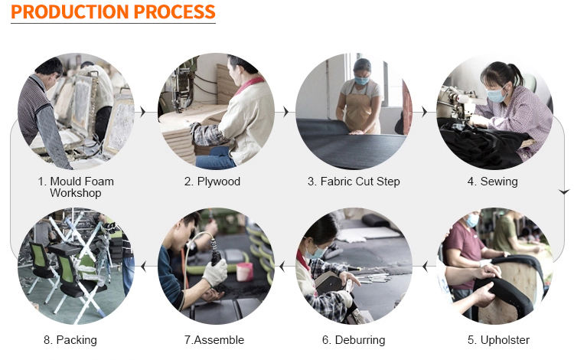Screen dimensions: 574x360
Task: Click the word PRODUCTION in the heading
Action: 70,11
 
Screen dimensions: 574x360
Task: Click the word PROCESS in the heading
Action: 174,11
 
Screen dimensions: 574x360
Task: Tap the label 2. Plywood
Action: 212,182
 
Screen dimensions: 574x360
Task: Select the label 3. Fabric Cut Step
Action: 354,182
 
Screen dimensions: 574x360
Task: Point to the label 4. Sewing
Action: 492,182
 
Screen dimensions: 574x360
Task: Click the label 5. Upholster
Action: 498,340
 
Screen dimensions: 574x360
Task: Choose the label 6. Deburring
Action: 354,340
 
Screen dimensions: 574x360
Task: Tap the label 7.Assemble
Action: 214,340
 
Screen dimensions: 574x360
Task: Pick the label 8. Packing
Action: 70,340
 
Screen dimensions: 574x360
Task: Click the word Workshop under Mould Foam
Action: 76,193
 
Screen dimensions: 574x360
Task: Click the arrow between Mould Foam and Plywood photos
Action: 143,112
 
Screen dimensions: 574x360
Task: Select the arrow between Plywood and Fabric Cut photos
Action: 286,112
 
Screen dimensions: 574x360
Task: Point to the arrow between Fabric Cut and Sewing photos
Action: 424,112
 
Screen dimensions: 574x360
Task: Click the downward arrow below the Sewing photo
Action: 564,191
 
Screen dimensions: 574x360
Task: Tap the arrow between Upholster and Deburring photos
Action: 425,267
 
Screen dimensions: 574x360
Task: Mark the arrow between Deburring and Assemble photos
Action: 282,267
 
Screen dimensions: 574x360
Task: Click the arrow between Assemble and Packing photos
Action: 144,267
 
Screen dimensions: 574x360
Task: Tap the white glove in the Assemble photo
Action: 216,273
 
